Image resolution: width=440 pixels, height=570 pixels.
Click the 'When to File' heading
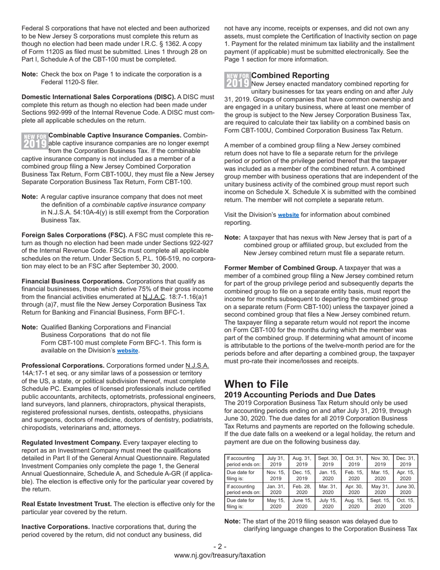(256, 384)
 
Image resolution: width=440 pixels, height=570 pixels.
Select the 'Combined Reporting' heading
(290, 76)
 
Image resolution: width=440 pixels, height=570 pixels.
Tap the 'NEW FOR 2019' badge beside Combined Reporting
(237, 80)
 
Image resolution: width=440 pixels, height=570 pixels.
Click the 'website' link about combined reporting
(288, 215)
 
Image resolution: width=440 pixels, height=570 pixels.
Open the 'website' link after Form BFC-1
(127, 351)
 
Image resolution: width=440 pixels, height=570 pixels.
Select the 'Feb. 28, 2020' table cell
(302, 490)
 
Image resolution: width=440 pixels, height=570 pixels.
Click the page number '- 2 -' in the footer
(220, 546)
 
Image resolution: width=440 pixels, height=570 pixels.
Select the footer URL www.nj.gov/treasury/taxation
(220, 555)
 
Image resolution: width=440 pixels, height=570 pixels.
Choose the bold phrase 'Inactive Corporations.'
(56, 527)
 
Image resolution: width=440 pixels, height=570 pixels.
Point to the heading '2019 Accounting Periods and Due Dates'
(300, 395)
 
